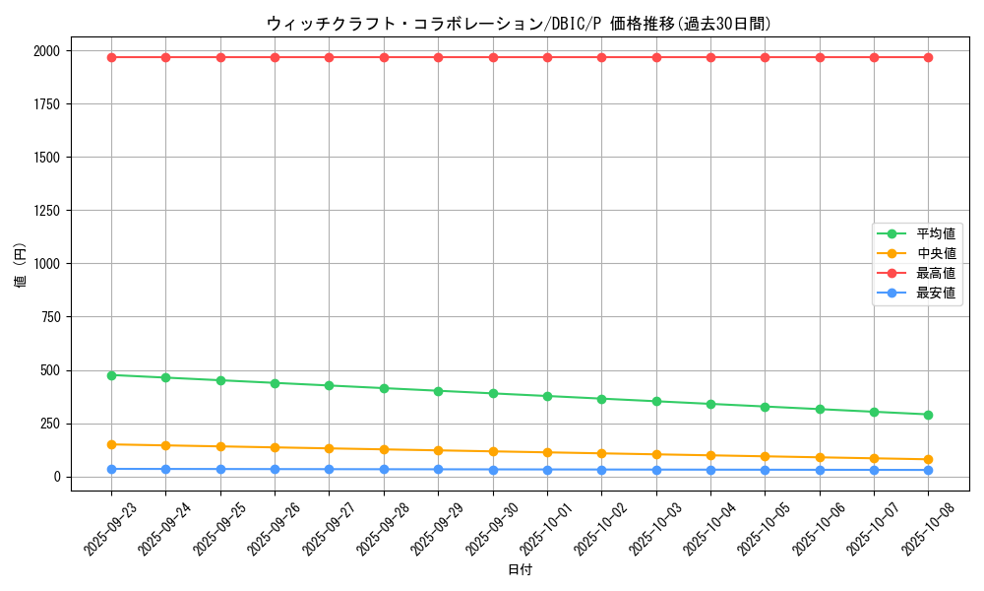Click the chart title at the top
(x=519, y=24)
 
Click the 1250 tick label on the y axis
(x=46, y=211)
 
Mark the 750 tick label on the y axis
(x=50, y=317)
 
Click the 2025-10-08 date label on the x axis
(x=928, y=528)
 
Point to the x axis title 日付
(x=520, y=570)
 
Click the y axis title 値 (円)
(x=21, y=266)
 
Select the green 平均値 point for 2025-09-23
(x=111, y=375)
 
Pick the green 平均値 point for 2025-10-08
(x=928, y=415)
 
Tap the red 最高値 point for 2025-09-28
(x=384, y=57)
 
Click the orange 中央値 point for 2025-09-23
(x=111, y=444)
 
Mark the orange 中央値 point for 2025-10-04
(x=710, y=455)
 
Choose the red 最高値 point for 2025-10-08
(x=928, y=57)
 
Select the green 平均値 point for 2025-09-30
(x=493, y=393)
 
